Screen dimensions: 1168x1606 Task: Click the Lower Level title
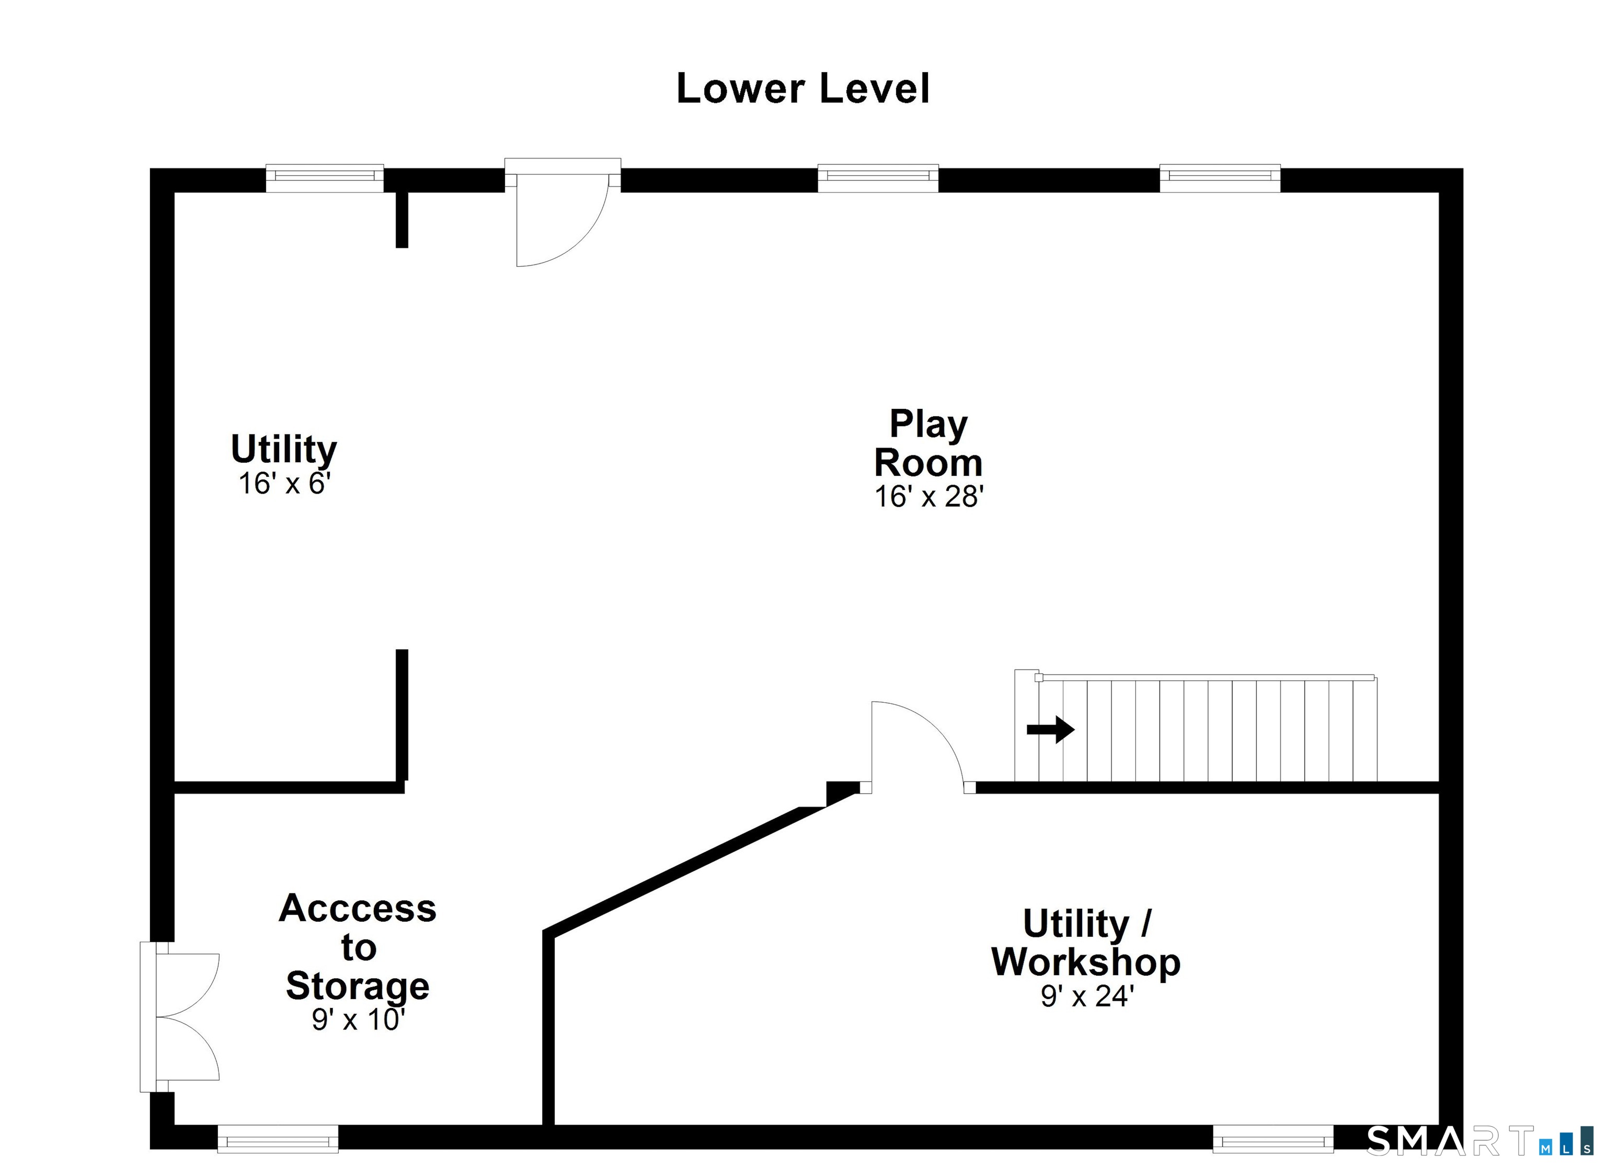coord(802,88)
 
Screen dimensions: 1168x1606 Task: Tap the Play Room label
coord(928,443)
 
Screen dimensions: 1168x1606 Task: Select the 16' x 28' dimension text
coord(929,497)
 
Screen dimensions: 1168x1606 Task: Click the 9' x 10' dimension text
coord(358,1020)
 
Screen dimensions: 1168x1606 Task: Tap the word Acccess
coord(358,908)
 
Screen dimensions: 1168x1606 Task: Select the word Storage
coord(358,986)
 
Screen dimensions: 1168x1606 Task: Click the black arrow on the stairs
coord(1051,729)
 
